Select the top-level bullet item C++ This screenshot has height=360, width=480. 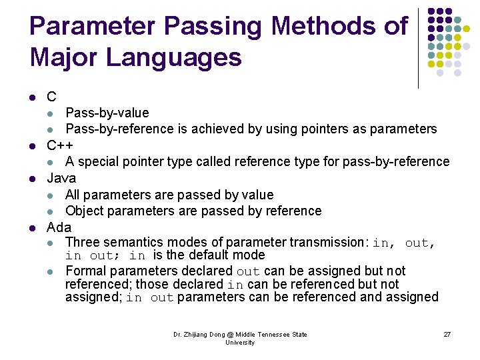(60, 145)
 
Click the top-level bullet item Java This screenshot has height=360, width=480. (61, 178)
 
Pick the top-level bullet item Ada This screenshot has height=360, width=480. (59, 227)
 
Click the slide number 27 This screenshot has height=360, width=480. (447, 334)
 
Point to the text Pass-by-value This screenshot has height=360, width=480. (107, 113)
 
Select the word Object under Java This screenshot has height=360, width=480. (84, 211)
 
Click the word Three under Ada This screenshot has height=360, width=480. (82, 242)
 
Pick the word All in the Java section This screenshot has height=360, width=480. (73, 195)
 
